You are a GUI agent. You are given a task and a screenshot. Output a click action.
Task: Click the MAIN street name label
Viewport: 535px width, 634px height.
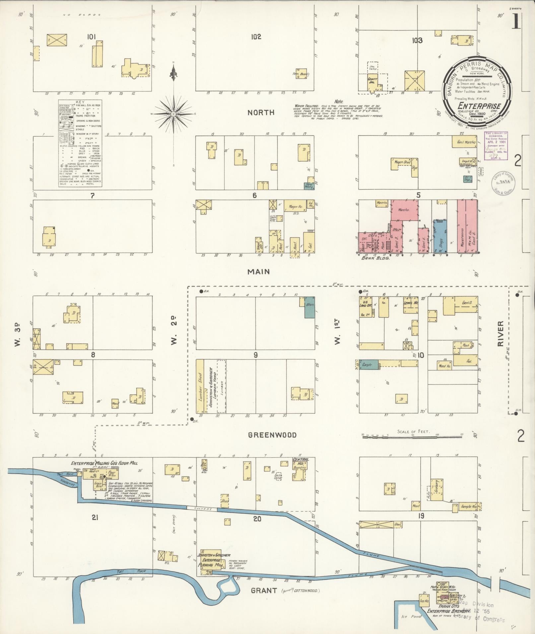pos(258,272)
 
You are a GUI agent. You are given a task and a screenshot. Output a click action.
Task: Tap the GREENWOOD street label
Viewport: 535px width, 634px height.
pos(272,435)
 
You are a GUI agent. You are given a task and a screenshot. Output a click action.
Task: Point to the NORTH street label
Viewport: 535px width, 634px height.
pos(261,113)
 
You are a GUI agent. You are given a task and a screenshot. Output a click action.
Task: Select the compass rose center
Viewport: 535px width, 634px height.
pos(173,114)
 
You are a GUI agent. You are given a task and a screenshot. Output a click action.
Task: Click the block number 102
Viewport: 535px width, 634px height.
pos(256,37)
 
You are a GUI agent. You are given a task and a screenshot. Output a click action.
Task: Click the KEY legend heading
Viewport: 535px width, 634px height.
pos(80,102)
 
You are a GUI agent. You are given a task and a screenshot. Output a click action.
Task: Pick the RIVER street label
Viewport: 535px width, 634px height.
pos(500,334)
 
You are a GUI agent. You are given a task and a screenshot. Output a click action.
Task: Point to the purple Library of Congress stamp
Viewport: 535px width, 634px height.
pos(496,146)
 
